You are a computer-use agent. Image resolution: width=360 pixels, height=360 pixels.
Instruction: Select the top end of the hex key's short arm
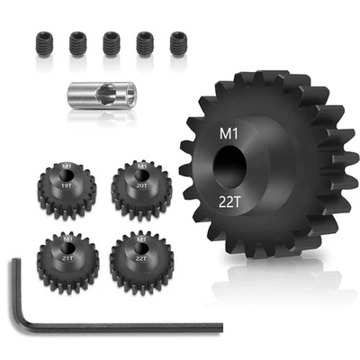coord(15,264)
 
